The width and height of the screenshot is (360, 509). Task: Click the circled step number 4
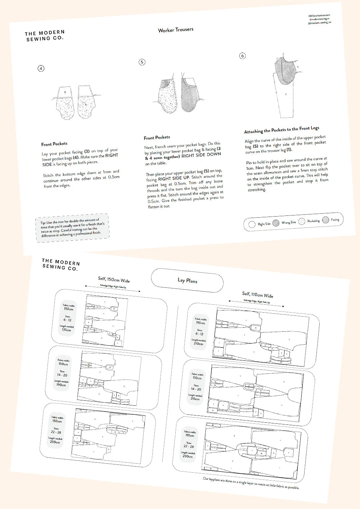click(41, 68)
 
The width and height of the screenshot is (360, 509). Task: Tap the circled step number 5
click(142, 62)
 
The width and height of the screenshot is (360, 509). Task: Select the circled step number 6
click(242, 56)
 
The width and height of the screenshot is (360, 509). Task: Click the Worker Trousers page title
click(176, 30)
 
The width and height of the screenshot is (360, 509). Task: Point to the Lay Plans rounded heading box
click(187, 281)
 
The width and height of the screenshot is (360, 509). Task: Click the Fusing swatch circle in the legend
click(326, 220)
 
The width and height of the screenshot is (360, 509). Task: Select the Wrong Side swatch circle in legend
click(276, 223)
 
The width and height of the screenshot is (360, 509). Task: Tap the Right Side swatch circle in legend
click(252, 224)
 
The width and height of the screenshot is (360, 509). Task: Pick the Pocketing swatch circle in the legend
click(302, 222)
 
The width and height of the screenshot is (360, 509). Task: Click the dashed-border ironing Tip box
click(72, 228)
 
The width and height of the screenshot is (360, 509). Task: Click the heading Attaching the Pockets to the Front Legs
click(282, 130)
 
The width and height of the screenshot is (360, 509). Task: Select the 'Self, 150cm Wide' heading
click(114, 280)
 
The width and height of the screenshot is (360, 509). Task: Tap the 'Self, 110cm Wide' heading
click(258, 295)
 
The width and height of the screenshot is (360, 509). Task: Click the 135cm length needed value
click(66, 330)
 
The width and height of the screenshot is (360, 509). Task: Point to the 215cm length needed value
click(195, 399)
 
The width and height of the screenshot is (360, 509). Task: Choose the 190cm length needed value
click(61, 385)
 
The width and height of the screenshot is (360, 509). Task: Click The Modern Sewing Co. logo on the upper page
click(45, 36)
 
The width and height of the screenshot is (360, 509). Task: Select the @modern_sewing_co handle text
click(319, 23)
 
